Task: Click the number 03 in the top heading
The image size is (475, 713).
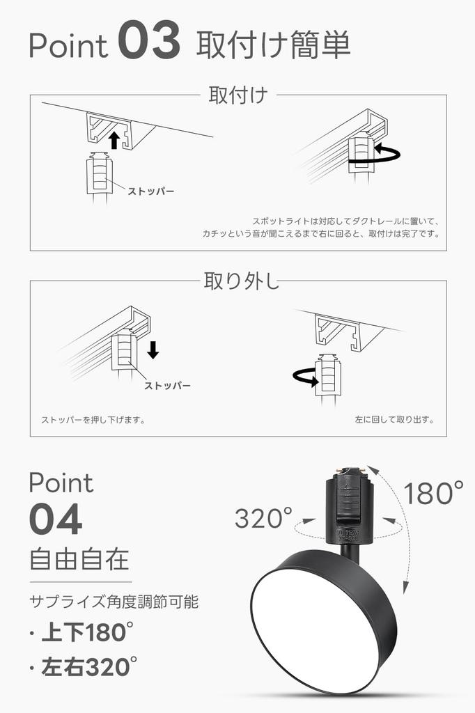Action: tap(150, 43)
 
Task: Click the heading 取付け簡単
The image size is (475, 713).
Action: tap(273, 45)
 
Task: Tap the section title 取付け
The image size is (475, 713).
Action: tap(238, 95)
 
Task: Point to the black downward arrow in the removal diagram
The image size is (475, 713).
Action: tap(153, 350)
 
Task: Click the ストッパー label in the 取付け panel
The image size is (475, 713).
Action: tap(150, 191)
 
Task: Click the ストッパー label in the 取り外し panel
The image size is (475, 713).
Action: tap(167, 385)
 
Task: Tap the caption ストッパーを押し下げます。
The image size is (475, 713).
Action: tap(93, 420)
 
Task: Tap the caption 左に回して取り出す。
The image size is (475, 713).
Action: tap(394, 420)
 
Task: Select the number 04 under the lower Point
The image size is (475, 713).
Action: tap(56, 520)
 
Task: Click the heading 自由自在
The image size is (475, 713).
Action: tap(79, 559)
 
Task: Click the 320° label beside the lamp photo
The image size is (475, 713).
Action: tap(263, 518)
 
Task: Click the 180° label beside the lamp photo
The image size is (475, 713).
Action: tap(433, 494)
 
